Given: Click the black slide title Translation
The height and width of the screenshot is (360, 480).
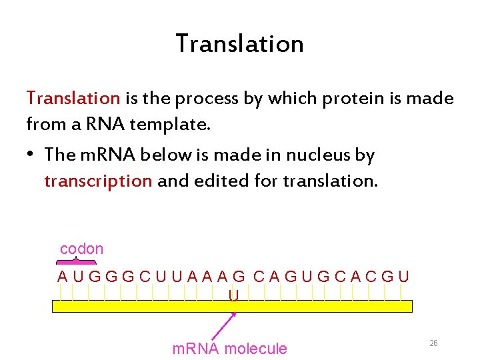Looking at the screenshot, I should (x=239, y=44).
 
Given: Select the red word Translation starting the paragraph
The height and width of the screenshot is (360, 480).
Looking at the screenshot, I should (x=73, y=99).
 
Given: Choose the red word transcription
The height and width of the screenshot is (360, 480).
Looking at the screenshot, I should (x=98, y=181).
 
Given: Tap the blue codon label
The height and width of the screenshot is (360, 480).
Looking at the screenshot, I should (x=81, y=249).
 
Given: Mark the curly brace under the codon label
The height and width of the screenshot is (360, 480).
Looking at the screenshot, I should (x=75, y=262).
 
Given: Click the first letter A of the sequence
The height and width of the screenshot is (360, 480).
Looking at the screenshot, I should (x=62, y=276).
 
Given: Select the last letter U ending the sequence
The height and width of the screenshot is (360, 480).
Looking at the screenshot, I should (x=403, y=276).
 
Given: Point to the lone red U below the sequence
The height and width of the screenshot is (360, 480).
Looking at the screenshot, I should (x=234, y=294).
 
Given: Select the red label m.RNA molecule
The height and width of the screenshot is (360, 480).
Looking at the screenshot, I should (x=229, y=349).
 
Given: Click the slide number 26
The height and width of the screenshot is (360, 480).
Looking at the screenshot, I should (x=433, y=343).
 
